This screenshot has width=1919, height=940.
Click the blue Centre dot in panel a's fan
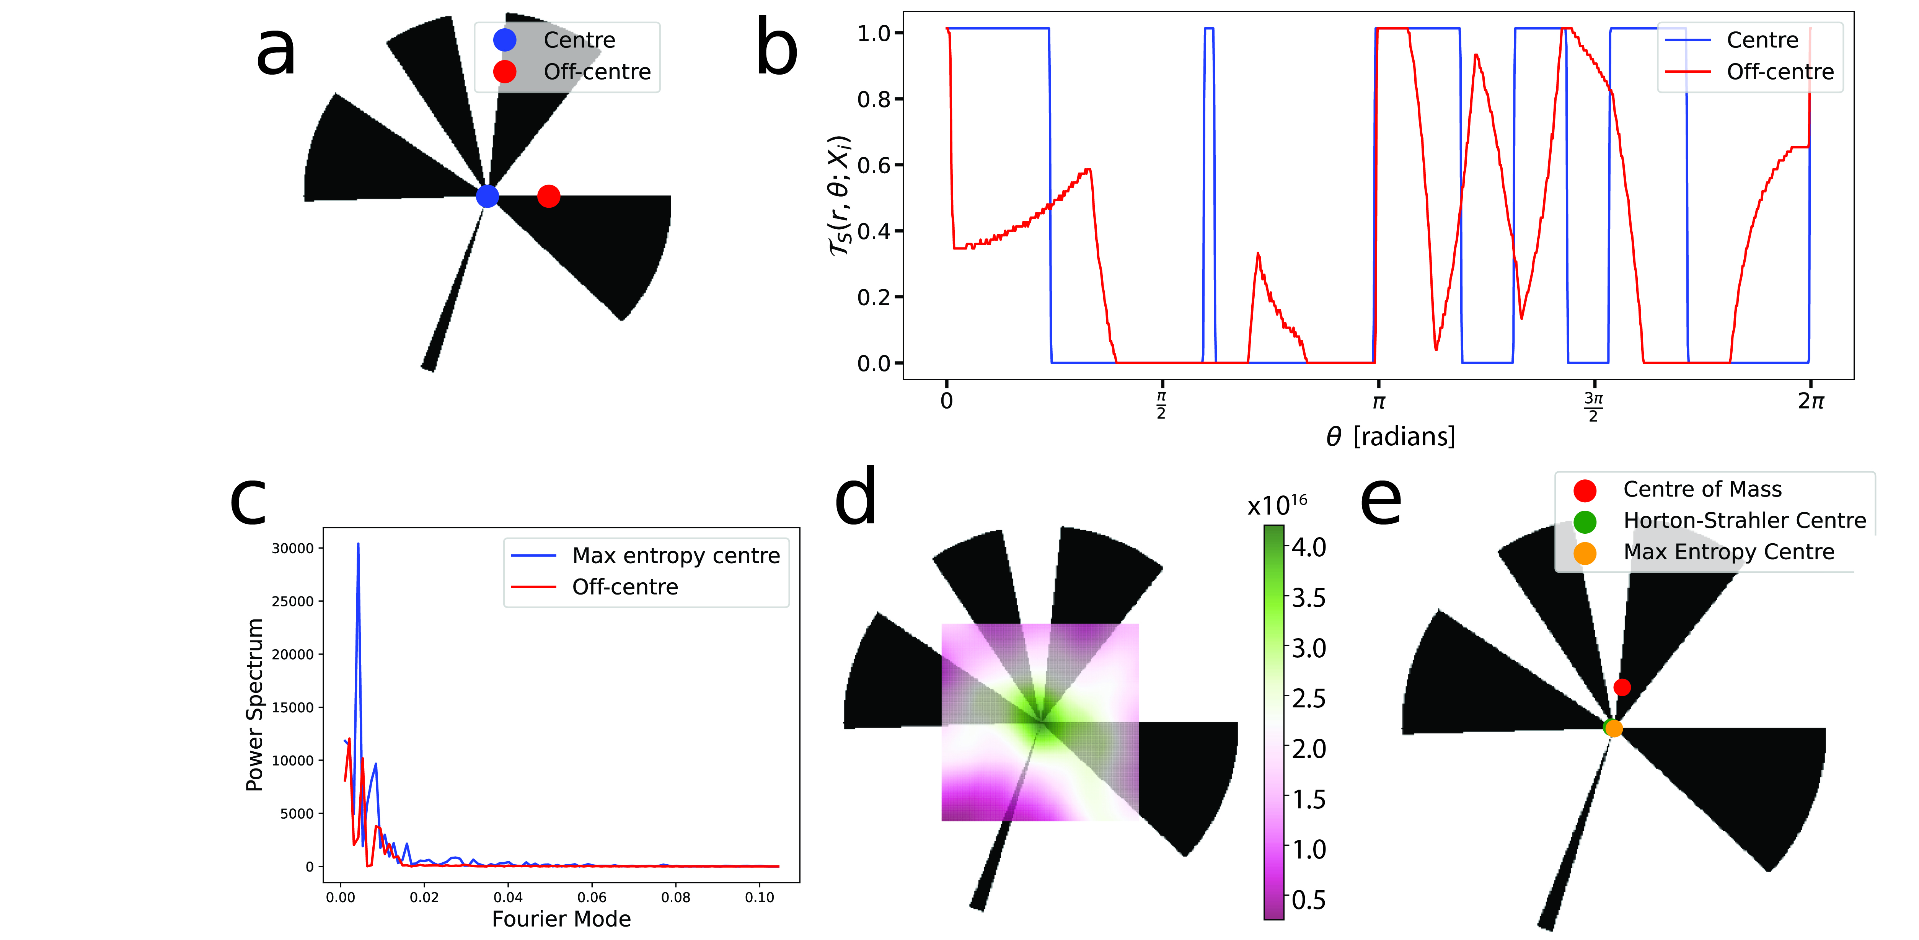[x=487, y=196]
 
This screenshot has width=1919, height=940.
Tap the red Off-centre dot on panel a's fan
[x=548, y=196]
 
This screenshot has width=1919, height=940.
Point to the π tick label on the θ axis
[x=1378, y=402]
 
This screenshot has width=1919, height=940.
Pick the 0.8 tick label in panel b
[x=874, y=99]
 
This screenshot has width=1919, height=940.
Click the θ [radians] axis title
[x=1390, y=437]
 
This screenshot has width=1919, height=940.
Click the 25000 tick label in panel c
[x=293, y=601]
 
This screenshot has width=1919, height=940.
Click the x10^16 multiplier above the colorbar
[x=1277, y=505]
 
